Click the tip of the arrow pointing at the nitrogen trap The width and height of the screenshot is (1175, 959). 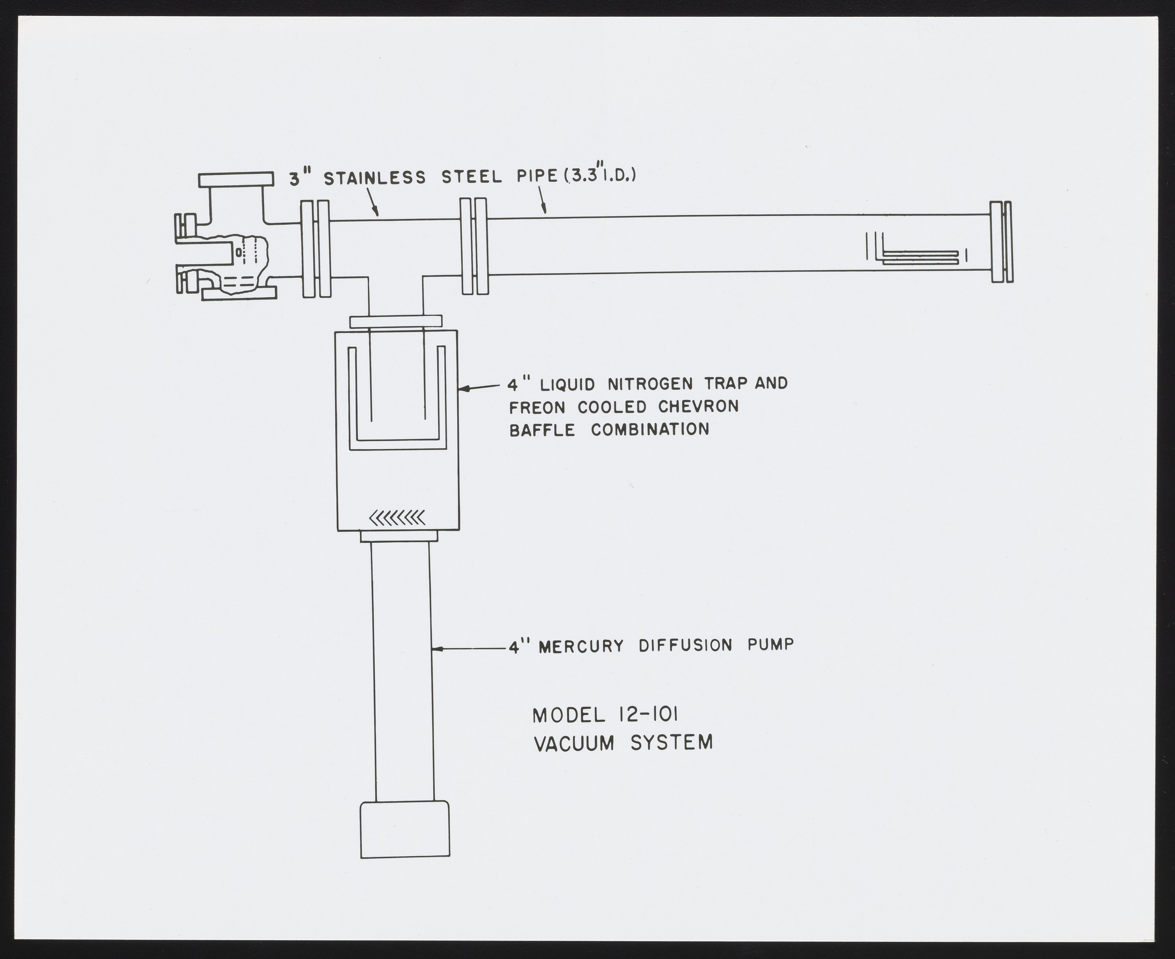[x=459, y=389]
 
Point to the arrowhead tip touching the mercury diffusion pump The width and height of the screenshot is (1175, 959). [x=432, y=649]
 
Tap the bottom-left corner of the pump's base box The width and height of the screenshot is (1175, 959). [x=361, y=858]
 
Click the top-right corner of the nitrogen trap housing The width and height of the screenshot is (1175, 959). [x=458, y=330]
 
